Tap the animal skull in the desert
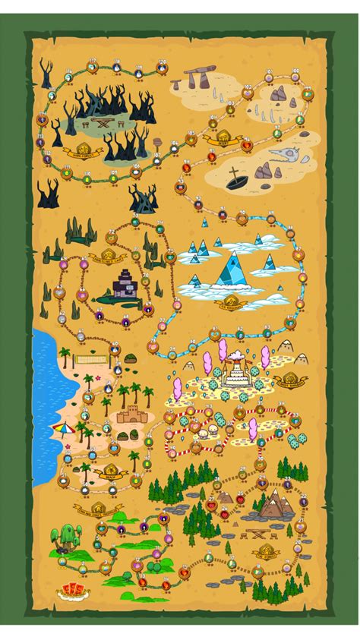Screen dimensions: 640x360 click(277, 156)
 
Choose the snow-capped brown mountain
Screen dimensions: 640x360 click(273, 503)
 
